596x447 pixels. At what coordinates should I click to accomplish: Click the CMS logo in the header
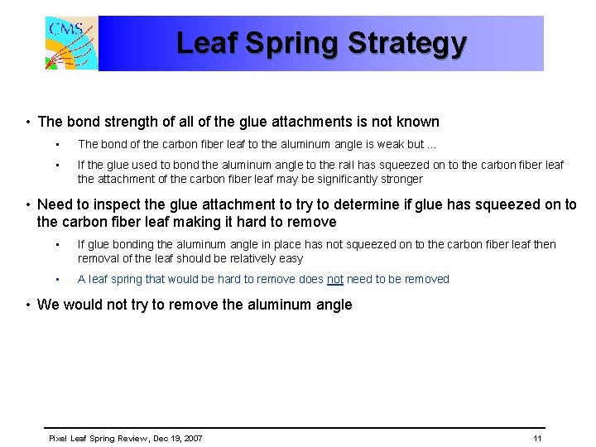(71, 43)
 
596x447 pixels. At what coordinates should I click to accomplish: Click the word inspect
(117, 204)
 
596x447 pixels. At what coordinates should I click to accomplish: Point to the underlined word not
(334, 279)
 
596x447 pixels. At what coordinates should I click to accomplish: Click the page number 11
(537, 438)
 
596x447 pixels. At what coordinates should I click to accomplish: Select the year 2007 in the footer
(190, 438)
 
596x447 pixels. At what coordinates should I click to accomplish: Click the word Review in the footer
(123, 438)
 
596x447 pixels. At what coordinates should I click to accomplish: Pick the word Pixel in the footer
(58, 438)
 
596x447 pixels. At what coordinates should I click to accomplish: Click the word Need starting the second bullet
(55, 204)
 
